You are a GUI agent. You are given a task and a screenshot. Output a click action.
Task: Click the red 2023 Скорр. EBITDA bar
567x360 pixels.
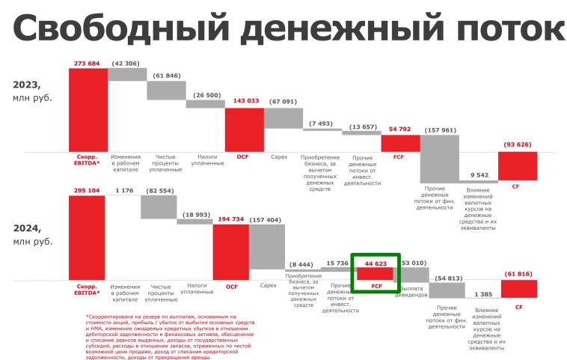[88, 109]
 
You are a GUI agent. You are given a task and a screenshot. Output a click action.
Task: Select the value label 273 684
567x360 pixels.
[88, 63]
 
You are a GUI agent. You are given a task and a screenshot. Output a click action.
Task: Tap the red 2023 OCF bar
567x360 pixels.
[244, 129]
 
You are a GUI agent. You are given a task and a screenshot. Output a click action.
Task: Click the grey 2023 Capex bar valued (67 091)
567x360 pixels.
[283, 118]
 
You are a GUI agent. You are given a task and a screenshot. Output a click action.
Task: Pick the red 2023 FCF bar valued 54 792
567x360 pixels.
[400, 143]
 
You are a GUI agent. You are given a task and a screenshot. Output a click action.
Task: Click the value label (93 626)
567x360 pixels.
[517, 144]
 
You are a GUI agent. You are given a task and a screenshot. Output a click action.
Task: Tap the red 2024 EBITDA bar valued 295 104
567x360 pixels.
[88, 237]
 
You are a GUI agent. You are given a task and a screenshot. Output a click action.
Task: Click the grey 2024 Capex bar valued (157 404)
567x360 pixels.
[267, 247]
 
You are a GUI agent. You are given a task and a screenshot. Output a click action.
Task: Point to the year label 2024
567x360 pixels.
[27, 228]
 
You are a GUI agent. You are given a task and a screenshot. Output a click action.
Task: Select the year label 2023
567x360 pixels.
[27, 85]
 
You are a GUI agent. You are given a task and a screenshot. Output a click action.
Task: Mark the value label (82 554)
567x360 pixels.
[159, 190]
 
